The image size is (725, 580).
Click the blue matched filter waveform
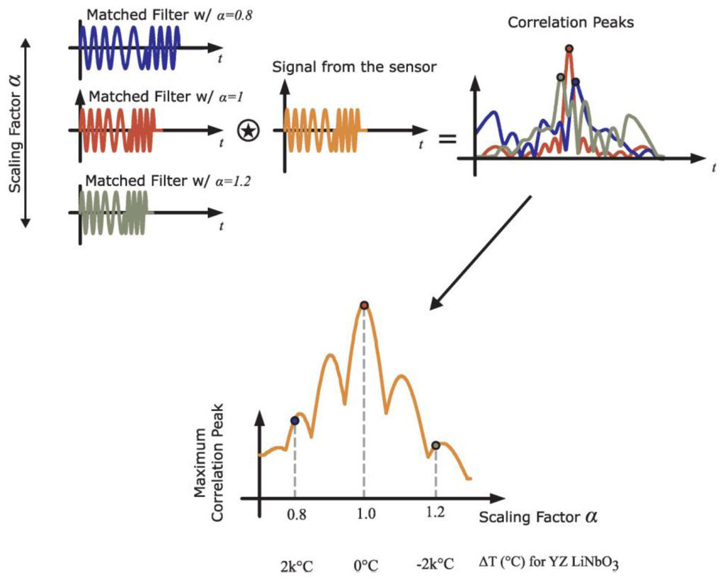(x=131, y=48)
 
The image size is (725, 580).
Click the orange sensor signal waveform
(x=322, y=130)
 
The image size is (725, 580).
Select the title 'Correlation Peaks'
(x=571, y=23)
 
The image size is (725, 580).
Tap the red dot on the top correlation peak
(x=569, y=49)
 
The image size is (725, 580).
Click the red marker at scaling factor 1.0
(x=364, y=305)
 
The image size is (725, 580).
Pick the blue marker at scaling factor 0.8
(x=295, y=421)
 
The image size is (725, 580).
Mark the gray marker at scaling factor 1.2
(x=435, y=445)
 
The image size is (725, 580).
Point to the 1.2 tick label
(x=435, y=515)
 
